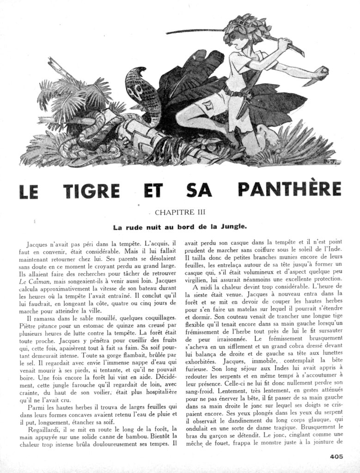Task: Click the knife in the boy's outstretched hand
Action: (x=321, y=74)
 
